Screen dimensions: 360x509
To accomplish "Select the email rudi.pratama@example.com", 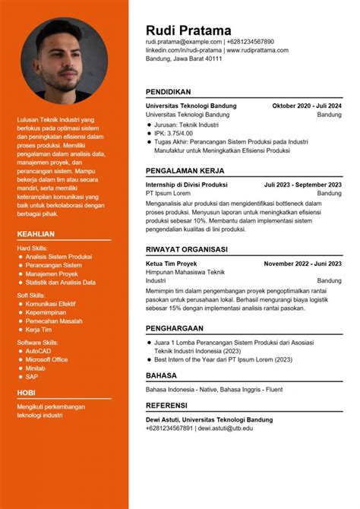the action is pyautogui.click(x=184, y=42).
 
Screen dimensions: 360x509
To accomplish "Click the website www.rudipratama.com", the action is pyautogui.click(x=257, y=50).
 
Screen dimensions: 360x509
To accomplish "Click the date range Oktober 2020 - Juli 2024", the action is pyautogui.click(x=307, y=106).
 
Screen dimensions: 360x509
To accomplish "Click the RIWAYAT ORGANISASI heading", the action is pyautogui.click(x=187, y=248).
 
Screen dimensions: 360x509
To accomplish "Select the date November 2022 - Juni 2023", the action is pyautogui.click(x=303, y=264).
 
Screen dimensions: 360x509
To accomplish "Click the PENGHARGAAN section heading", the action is pyautogui.click(x=175, y=328).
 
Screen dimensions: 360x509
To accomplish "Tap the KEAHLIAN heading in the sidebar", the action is pyautogui.click(x=36, y=234).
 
